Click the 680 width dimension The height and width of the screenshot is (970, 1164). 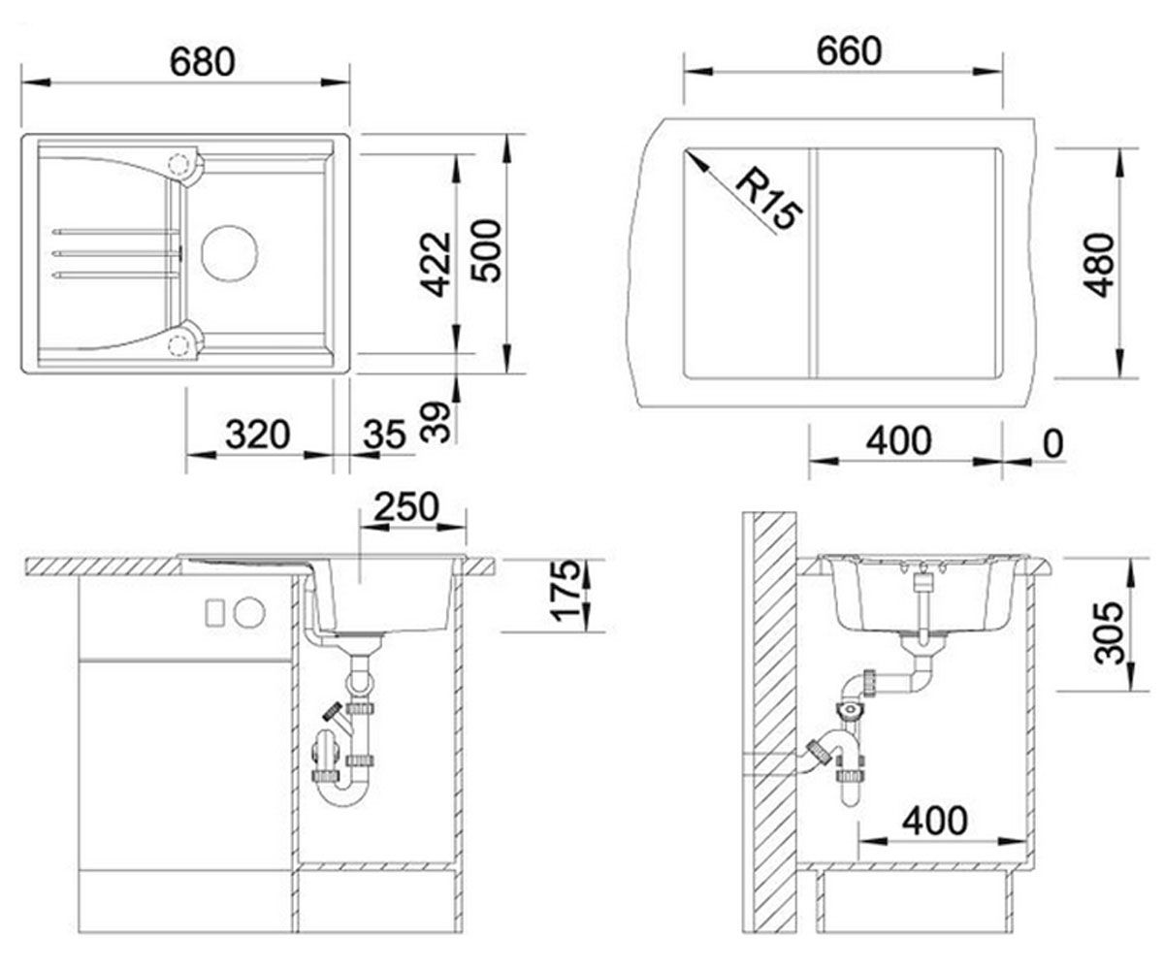click(x=202, y=62)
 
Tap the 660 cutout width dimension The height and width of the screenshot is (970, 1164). click(x=849, y=51)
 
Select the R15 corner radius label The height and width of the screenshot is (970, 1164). click(x=767, y=197)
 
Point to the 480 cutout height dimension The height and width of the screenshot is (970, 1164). click(x=1098, y=266)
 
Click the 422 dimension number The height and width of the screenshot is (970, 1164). click(x=435, y=264)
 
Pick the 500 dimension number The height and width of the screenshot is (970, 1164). click(x=486, y=251)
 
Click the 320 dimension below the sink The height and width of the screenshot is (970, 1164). click(x=258, y=435)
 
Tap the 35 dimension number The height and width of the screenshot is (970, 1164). click(x=385, y=435)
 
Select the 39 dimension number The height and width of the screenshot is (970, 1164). click(x=435, y=422)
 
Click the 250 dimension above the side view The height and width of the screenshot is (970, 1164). click(x=406, y=506)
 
